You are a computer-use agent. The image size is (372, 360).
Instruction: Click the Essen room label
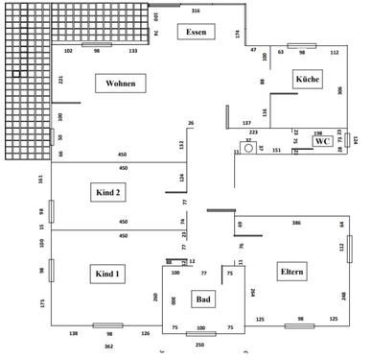coord(196,33)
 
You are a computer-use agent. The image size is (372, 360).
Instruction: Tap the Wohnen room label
coord(120,84)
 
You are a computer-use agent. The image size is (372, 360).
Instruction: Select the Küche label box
coord(307,78)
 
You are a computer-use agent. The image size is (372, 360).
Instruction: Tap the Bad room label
coord(202,300)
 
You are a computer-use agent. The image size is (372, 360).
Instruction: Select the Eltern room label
coord(291,272)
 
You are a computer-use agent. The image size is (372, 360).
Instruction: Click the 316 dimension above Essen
coord(196,11)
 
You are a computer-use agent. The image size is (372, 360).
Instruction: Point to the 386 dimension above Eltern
coord(296,223)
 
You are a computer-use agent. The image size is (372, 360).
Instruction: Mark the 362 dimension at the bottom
coord(108,345)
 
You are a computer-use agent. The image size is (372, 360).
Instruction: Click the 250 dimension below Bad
coord(200,344)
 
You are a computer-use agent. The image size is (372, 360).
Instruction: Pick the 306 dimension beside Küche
coord(338,90)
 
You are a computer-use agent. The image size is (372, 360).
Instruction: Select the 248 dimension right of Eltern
coord(342,295)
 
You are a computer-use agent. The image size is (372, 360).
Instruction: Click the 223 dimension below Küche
coord(254,132)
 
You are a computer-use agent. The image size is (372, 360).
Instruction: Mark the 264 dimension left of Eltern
coord(253,293)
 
